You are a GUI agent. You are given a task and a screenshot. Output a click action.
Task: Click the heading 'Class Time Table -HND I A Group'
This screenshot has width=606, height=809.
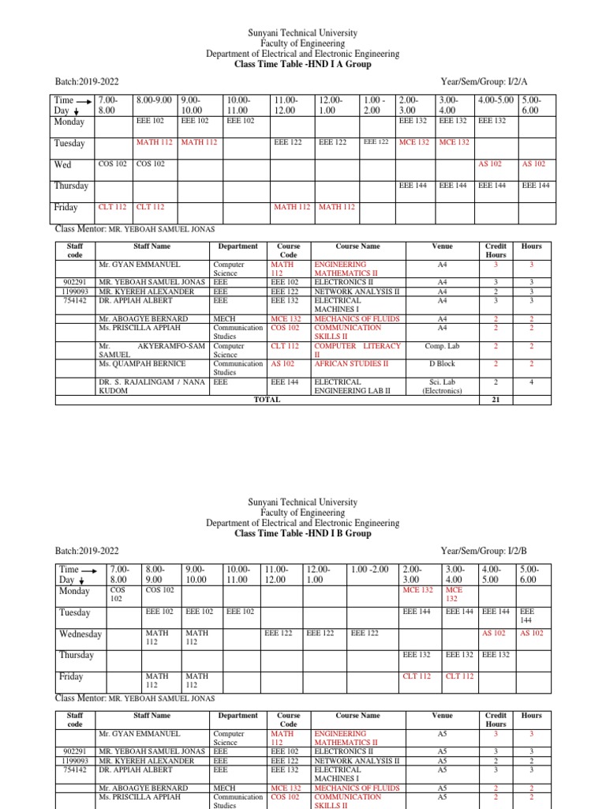tap(302, 65)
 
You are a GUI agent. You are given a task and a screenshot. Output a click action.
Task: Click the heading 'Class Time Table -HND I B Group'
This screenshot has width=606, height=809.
tap(302, 533)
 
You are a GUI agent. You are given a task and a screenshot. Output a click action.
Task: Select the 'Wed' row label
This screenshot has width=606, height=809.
tap(62, 164)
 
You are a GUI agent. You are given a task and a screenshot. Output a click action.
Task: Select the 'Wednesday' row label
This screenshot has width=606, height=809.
tap(80, 634)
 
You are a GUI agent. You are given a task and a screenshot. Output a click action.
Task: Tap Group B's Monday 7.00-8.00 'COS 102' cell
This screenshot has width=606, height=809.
tap(118, 594)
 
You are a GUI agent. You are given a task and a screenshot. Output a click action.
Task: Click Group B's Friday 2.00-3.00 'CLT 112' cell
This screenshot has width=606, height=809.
tap(417, 676)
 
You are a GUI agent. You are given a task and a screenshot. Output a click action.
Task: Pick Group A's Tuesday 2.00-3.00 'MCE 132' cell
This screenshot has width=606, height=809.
tap(413, 142)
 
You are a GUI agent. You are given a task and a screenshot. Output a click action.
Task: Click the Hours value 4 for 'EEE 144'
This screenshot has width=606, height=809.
tap(531, 382)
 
